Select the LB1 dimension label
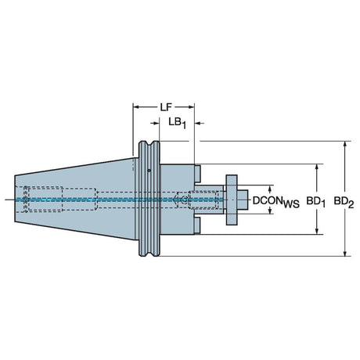click(x=178, y=123)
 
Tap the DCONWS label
click(x=276, y=202)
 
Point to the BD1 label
click(x=316, y=202)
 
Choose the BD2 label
click(x=344, y=202)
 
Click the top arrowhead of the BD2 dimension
click(x=345, y=145)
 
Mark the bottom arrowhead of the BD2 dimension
click(x=345, y=253)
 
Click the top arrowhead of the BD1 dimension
click(x=317, y=167)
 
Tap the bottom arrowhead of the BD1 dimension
click(x=317, y=231)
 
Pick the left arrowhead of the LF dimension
click(x=136, y=106)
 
